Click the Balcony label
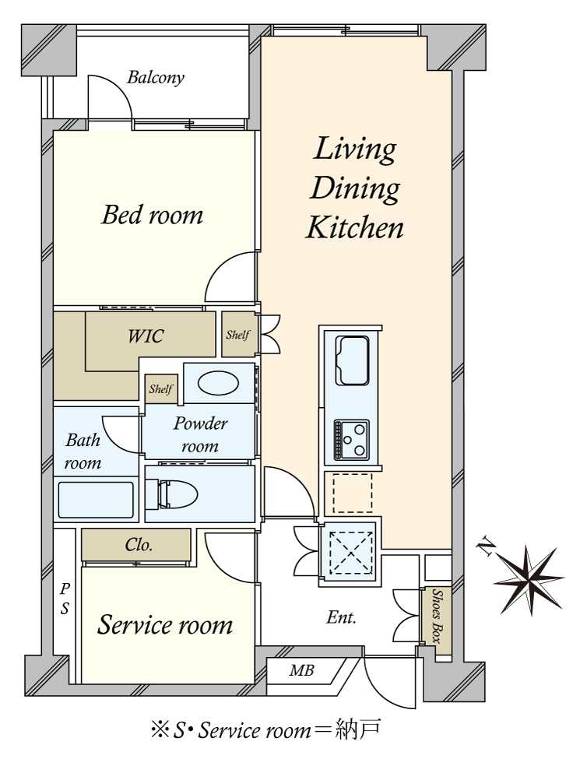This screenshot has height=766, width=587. [x=156, y=78]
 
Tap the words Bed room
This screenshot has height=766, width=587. [x=152, y=215]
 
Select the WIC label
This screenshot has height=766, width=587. [x=145, y=336]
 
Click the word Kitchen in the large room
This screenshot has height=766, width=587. [x=355, y=227]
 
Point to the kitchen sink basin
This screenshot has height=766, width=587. [x=352, y=360]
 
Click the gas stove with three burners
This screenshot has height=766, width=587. [x=351, y=440]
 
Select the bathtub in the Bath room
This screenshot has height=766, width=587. [x=96, y=500]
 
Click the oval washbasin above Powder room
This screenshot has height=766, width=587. [x=219, y=383]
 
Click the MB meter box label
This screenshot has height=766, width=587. [x=301, y=671]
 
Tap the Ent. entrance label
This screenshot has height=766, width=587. [x=341, y=617]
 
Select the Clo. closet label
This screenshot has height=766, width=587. [x=139, y=545]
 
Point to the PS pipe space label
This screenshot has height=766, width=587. [x=65, y=599]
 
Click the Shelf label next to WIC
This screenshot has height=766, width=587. [x=237, y=335]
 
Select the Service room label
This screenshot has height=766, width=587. [x=165, y=625]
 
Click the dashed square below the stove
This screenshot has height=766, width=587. [x=353, y=493]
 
